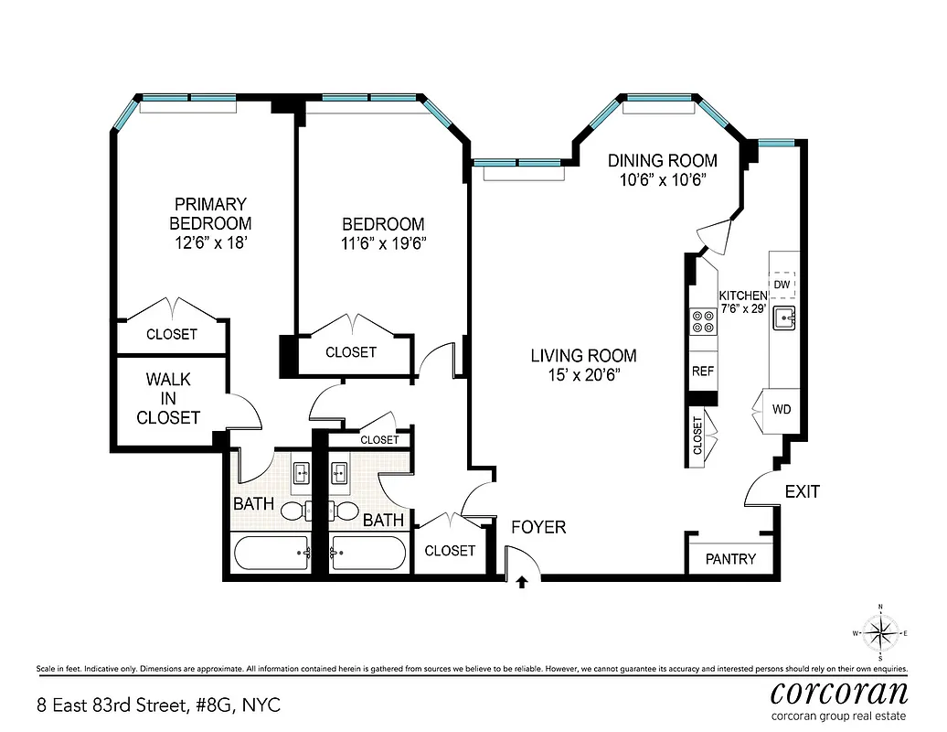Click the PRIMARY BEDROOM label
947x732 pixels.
[210, 213]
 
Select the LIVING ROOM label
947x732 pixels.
[583, 356]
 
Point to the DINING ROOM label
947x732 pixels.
[663, 160]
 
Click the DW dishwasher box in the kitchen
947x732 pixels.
[782, 285]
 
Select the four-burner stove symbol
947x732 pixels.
[703, 320]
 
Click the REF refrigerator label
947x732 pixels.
[702, 371]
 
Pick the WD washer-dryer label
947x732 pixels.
[782, 408]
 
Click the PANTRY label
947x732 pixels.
[730, 558]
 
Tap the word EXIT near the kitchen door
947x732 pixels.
[803, 492]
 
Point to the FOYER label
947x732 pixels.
[538, 527]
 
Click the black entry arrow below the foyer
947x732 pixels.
[522, 580]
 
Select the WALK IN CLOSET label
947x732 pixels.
[168, 398]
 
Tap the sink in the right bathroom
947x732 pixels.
[338, 473]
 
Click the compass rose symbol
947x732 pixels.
[879, 632]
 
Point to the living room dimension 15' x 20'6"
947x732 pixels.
[583, 375]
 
